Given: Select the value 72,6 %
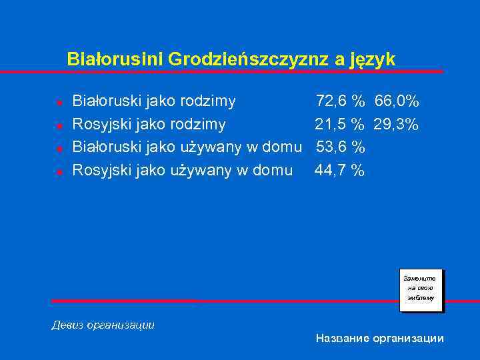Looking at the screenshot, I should pyautogui.click(x=340, y=101).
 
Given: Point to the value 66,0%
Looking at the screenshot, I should pyautogui.click(x=397, y=101).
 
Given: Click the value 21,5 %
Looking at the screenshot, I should pyautogui.click(x=339, y=124).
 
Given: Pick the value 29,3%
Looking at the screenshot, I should pyautogui.click(x=396, y=124).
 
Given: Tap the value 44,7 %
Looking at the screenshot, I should pyautogui.click(x=339, y=171).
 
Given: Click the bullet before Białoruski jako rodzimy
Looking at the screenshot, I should pyautogui.click(x=59, y=103).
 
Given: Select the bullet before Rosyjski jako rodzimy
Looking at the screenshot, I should pyautogui.click(x=59, y=125).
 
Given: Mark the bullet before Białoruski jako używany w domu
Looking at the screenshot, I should pyautogui.click(x=59, y=149).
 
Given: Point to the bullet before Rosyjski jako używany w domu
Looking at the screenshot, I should pyautogui.click(x=59, y=172).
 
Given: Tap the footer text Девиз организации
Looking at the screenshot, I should pyautogui.click(x=103, y=325).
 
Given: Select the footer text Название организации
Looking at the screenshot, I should pyautogui.click(x=379, y=339).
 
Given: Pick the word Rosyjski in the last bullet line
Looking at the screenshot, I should pyautogui.click(x=101, y=171).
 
